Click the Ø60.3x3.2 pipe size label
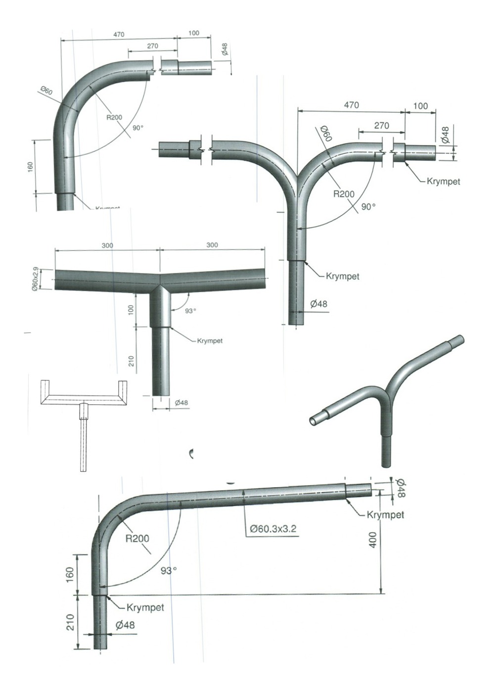(x=273, y=529)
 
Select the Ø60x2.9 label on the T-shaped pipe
(x=35, y=279)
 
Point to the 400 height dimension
(x=373, y=539)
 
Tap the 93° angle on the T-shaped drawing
(x=190, y=311)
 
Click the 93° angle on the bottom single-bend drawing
(x=169, y=570)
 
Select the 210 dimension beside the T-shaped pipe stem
(x=132, y=361)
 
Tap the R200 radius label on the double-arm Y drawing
(x=344, y=194)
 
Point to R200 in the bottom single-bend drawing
(x=137, y=538)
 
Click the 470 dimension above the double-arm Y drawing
(x=351, y=105)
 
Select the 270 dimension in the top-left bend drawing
(x=152, y=46)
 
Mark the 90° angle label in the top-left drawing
(x=138, y=128)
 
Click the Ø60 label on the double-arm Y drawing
(x=325, y=134)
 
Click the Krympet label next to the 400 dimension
(x=385, y=514)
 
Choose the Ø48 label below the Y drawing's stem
(x=319, y=304)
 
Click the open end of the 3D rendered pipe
(x=314, y=420)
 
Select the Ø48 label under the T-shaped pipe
(x=182, y=403)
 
